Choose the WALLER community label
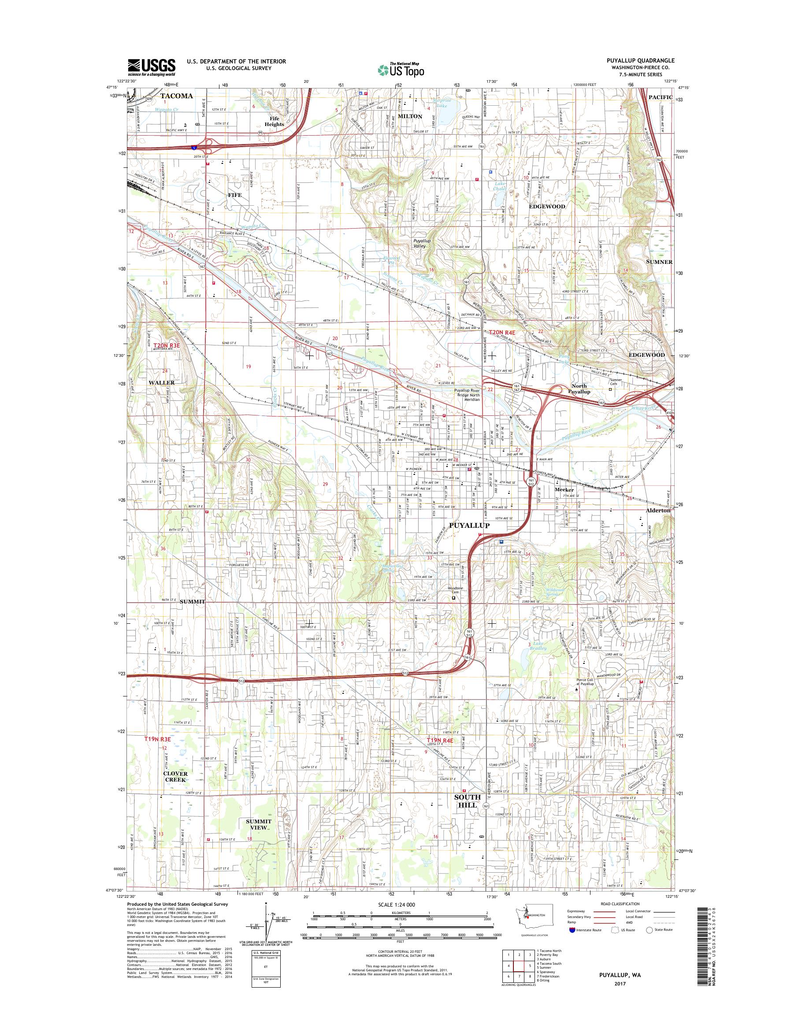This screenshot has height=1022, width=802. click(x=162, y=383)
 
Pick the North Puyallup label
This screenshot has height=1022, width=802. click(x=579, y=389)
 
